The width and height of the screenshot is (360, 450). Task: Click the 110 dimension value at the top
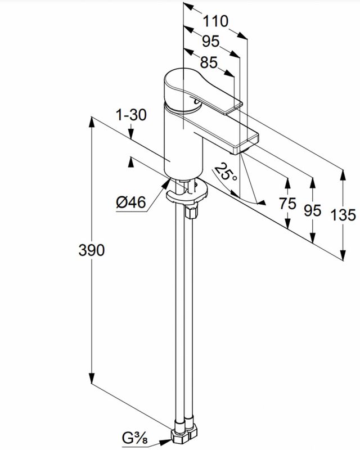tap(215, 21)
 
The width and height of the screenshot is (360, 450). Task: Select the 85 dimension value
tap(209, 63)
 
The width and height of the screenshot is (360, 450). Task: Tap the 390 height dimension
tap(91, 250)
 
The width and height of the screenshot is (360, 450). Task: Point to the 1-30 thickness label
tap(131, 115)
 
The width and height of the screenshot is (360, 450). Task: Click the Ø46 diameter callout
tap(131, 202)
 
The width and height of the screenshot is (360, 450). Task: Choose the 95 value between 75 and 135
tap(313, 210)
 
